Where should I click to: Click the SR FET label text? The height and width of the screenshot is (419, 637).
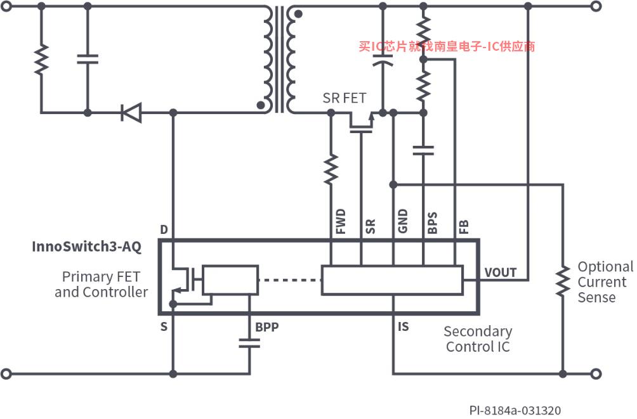[345, 98]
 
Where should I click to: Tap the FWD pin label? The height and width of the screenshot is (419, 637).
[341, 221]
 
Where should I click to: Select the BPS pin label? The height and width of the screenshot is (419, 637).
[433, 223]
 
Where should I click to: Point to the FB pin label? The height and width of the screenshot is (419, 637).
[464, 226]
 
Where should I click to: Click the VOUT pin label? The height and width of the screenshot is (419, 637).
[501, 273]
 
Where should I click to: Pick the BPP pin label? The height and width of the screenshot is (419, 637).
[267, 327]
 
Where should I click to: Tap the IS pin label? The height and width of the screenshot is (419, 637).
[404, 327]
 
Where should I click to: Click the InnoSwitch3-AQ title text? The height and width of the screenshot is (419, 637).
[86, 247]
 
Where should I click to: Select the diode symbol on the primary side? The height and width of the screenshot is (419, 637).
[131, 112]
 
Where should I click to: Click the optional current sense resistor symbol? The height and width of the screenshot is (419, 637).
[563, 281]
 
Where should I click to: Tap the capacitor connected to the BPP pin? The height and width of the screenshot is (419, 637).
[249, 344]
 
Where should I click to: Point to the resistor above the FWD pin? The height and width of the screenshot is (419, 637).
[331, 169]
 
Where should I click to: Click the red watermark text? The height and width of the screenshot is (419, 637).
[447, 46]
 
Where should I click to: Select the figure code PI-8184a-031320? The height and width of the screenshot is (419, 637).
[515, 411]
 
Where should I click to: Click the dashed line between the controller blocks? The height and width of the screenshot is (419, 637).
[290, 280]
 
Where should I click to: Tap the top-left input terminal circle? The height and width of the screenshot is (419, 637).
[6, 6]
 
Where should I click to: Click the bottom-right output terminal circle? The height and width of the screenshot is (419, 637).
[596, 373]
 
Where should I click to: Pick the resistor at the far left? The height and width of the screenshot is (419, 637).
[41, 60]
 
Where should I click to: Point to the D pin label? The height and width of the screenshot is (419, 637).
[164, 230]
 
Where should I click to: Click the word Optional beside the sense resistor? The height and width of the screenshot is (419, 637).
[605, 267]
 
